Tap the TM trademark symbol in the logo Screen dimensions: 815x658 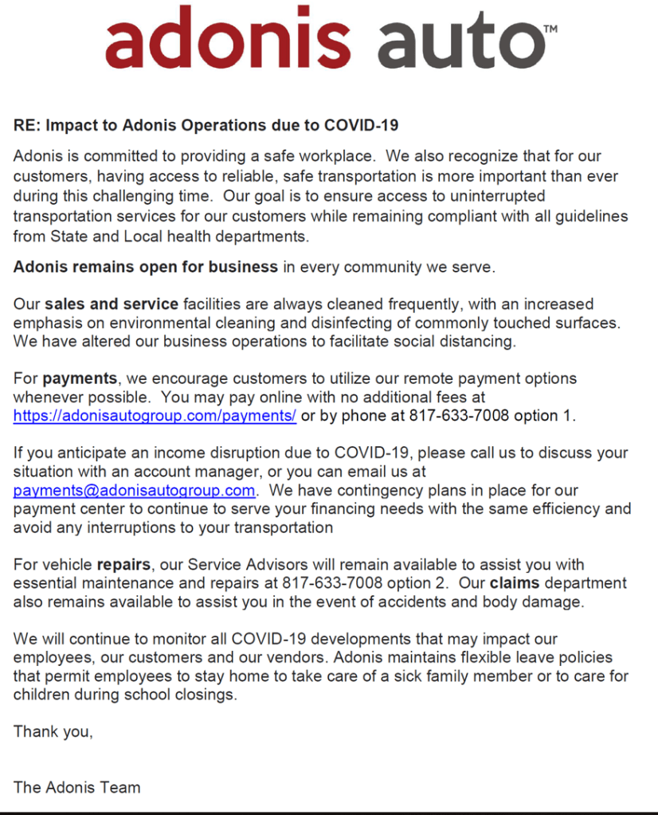pos(550,29)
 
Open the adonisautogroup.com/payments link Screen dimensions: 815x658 pos(155,416)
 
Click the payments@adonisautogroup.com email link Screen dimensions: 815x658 pos(134,490)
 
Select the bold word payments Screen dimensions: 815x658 pos(80,378)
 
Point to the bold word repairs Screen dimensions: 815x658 pos(123,565)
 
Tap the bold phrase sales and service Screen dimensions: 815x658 pos(112,304)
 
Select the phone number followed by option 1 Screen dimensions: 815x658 pos(452,416)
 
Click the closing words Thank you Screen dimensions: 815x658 pos(53,731)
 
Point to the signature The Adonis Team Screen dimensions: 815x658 pos(76,787)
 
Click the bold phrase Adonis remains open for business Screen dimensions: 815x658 pos(146,267)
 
